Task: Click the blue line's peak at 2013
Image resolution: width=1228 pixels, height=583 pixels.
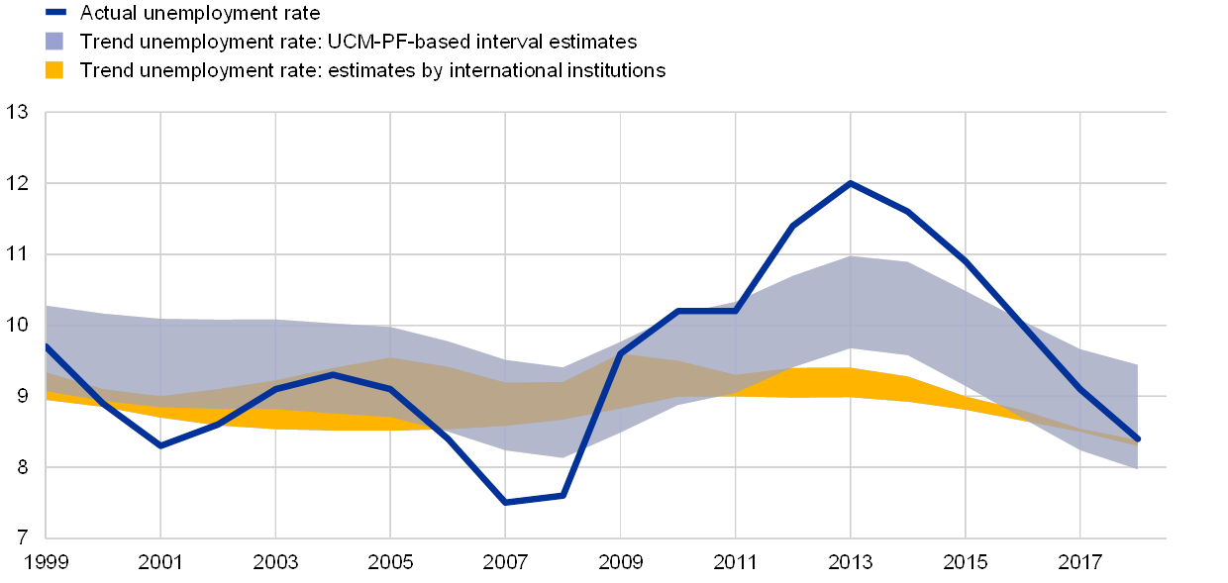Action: pyautogui.click(x=851, y=183)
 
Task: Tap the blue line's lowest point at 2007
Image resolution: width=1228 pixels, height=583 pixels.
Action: pyautogui.click(x=506, y=503)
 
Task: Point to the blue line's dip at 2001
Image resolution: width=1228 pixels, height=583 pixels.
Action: pyautogui.click(x=160, y=446)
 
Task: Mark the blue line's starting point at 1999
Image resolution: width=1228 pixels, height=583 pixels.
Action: pyautogui.click(x=47, y=345)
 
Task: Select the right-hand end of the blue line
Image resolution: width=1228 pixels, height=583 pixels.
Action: pyautogui.click(x=1138, y=439)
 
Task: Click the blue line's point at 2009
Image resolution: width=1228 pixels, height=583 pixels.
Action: pyautogui.click(x=621, y=353)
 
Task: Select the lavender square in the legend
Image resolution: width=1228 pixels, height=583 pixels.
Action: pyautogui.click(x=55, y=42)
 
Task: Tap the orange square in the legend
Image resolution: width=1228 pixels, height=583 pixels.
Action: pyautogui.click(x=55, y=70)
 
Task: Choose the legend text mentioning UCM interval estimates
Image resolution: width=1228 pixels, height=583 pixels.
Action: pyautogui.click(x=366, y=42)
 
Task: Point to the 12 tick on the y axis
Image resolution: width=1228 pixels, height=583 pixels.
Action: pyautogui.click(x=21, y=183)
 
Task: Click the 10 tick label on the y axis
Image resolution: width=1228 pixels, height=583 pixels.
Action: pyautogui.click(x=21, y=325)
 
